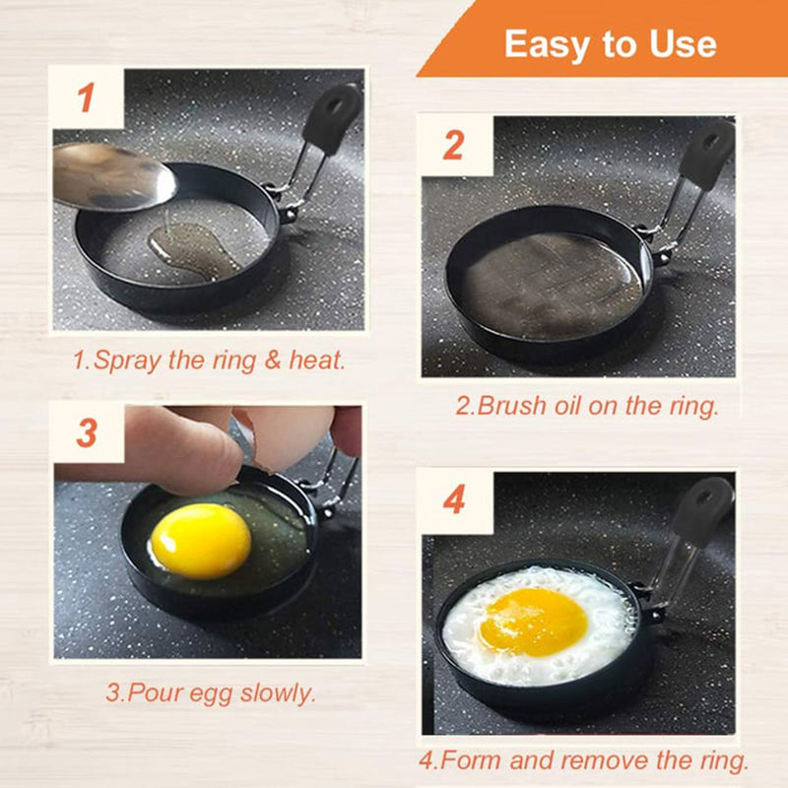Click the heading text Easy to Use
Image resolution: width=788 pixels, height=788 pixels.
coord(610,44)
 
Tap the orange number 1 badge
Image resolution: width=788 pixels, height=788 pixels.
coord(87,98)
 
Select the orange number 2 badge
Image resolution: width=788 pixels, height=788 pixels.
coord(453,146)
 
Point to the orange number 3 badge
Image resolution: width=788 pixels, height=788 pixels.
coord(87,432)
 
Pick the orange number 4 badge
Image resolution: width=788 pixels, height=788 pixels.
coord(453,499)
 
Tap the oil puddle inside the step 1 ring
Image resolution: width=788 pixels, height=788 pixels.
coord(192,246)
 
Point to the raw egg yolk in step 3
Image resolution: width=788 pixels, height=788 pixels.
coord(200,541)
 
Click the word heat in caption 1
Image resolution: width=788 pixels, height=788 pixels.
coord(315,361)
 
